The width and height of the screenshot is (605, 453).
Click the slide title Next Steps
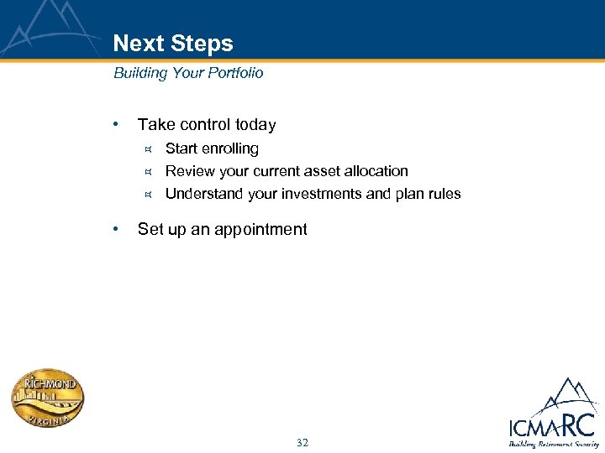pyautogui.click(x=173, y=44)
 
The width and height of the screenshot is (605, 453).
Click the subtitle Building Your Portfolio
pyautogui.click(x=188, y=73)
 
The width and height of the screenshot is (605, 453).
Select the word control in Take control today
pyautogui.click(x=202, y=125)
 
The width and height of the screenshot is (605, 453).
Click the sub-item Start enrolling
pyautogui.click(x=212, y=148)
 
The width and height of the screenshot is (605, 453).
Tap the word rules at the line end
pyautogui.click(x=444, y=194)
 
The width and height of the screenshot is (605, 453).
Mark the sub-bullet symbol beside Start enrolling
pyautogui.click(x=147, y=149)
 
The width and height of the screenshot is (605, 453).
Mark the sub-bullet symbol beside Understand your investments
pyautogui.click(x=147, y=195)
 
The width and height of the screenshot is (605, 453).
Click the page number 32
pyautogui.click(x=302, y=442)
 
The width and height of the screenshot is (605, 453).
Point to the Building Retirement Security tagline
pyautogui.click(x=552, y=444)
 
